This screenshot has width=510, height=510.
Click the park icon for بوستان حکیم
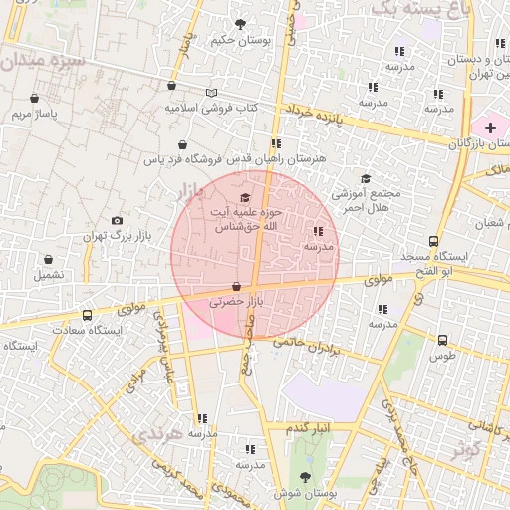240,24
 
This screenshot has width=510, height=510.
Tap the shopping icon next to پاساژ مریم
36,99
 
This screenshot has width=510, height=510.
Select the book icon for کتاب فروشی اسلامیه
210,93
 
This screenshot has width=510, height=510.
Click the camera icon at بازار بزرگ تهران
118,220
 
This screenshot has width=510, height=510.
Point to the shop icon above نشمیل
46,258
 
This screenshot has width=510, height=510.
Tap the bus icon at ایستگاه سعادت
87,315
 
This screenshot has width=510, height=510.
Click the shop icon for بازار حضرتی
236,287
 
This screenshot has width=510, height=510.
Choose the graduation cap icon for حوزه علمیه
246,198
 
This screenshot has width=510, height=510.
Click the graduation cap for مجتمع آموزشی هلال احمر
366,179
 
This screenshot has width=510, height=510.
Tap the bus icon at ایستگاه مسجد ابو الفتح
432,241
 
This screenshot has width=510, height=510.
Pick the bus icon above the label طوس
442,340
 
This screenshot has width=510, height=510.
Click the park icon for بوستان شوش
305,478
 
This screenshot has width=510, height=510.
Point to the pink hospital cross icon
489,127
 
